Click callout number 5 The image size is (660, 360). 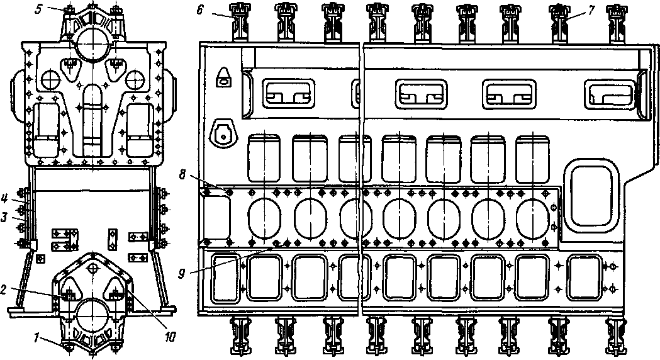(x=38, y=9)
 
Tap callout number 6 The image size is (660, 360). (x=199, y=9)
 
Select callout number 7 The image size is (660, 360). (x=591, y=11)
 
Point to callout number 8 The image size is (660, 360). (x=182, y=174)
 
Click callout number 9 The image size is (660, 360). (x=182, y=274)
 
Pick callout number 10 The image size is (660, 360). (x=170, y=337)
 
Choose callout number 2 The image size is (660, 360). (x=3, y=290)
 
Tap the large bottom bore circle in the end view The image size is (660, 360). (x=92, y=314)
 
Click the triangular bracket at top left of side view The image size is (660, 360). (x=223, y=77)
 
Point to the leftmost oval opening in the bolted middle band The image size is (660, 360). (x=264, y=217)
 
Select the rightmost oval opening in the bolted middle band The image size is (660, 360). (x=533, y=217)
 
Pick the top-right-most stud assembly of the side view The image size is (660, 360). (x=613, y=23)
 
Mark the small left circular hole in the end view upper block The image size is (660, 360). (x=51, y=79)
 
